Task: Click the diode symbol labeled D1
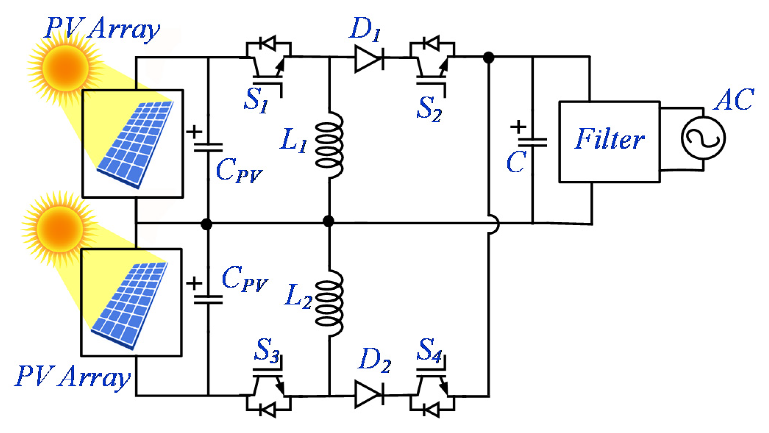369,58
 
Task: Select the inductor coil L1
330,145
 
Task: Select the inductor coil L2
330,303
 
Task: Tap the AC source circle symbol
703,138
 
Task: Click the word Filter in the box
609,140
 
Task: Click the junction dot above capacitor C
488,58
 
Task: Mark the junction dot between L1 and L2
328,221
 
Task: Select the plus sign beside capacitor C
518,127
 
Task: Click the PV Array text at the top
102,29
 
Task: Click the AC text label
733,100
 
